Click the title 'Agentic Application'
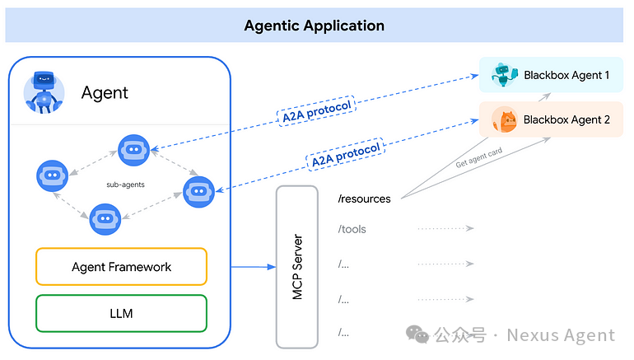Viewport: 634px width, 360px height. (315, 26)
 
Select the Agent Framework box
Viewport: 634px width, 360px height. (121, 267)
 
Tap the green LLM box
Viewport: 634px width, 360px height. (121, 314)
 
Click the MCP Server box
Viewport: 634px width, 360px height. (297, 267)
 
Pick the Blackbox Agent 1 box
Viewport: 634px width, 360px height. (551, 75)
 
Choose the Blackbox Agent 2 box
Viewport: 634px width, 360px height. (551, 119)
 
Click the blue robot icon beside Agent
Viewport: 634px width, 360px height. (44, 92)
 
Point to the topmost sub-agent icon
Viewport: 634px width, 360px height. (133, 150)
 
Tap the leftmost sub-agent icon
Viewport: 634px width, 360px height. (52, 175)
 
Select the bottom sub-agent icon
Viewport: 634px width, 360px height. (105, 219)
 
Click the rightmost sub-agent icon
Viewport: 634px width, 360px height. (198, 192)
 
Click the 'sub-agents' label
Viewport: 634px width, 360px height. (125, 185)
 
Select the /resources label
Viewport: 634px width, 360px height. (364, 199)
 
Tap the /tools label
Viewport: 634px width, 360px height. (352, 229)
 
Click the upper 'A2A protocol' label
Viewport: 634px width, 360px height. (316, 111)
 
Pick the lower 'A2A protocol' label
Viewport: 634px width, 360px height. (346, 155)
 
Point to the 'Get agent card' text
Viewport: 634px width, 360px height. (478, 157)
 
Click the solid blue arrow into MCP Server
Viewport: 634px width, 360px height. (254, 267)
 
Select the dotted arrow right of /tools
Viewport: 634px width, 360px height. (445, 228)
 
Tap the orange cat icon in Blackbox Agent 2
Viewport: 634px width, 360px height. (505, 119)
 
